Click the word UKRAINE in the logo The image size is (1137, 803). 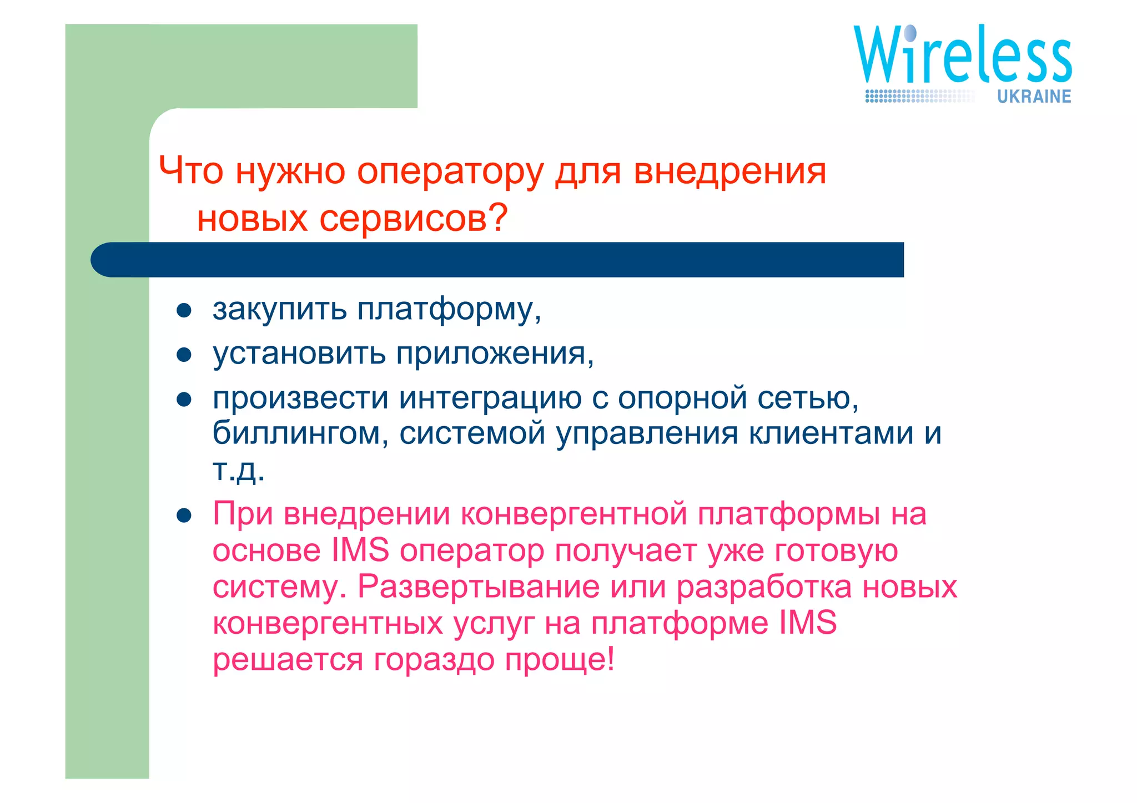click(x=1034, y=97)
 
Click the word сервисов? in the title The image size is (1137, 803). click(x=413, y=219)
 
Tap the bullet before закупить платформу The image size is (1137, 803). click(x=184, y=310)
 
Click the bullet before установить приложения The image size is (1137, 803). click(x=184, y=355)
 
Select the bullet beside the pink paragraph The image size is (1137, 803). click(x=184, y=516)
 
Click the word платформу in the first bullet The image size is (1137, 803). click(x=447, y=309)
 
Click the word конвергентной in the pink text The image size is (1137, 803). click(x=574, y=514)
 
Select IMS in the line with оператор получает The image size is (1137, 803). click(x=360, y=551)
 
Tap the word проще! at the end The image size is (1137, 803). click(x=560, y=660)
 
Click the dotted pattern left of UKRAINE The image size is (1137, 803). click(x=919, y=97)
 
